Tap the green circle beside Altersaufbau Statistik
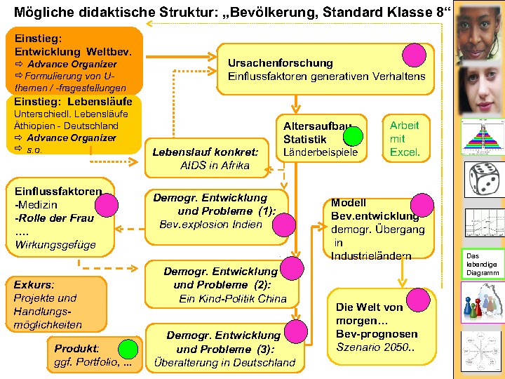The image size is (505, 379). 353,136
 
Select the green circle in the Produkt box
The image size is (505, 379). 128,349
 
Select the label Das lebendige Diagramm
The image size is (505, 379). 483,264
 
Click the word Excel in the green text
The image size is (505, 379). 405,152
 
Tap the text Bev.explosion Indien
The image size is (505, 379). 210,225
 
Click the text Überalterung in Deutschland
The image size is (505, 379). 225,362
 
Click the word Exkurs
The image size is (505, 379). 32,285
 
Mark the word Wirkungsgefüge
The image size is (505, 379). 55,245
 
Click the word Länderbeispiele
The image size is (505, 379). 320,152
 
